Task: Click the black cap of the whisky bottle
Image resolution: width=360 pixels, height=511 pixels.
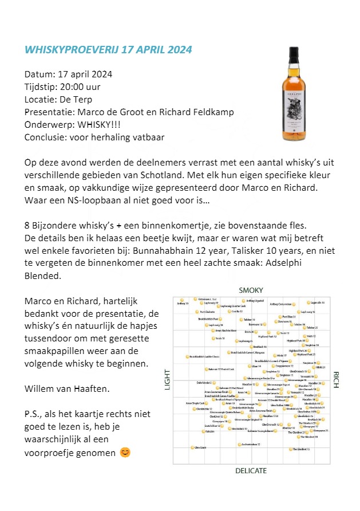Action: pos(294,52)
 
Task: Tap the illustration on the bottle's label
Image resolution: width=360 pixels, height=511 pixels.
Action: pos(294,108)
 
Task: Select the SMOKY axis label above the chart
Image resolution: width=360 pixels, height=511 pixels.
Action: pos(251,290)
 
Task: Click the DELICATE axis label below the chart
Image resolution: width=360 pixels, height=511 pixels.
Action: pos(251,470)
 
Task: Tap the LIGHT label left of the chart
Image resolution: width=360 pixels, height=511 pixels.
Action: pos(168,379)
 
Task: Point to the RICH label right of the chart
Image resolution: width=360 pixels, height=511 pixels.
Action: pos(336,379)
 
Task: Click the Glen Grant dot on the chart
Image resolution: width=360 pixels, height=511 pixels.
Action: pos(193,447)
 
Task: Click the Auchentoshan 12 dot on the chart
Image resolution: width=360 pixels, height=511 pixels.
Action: pos(239,445)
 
